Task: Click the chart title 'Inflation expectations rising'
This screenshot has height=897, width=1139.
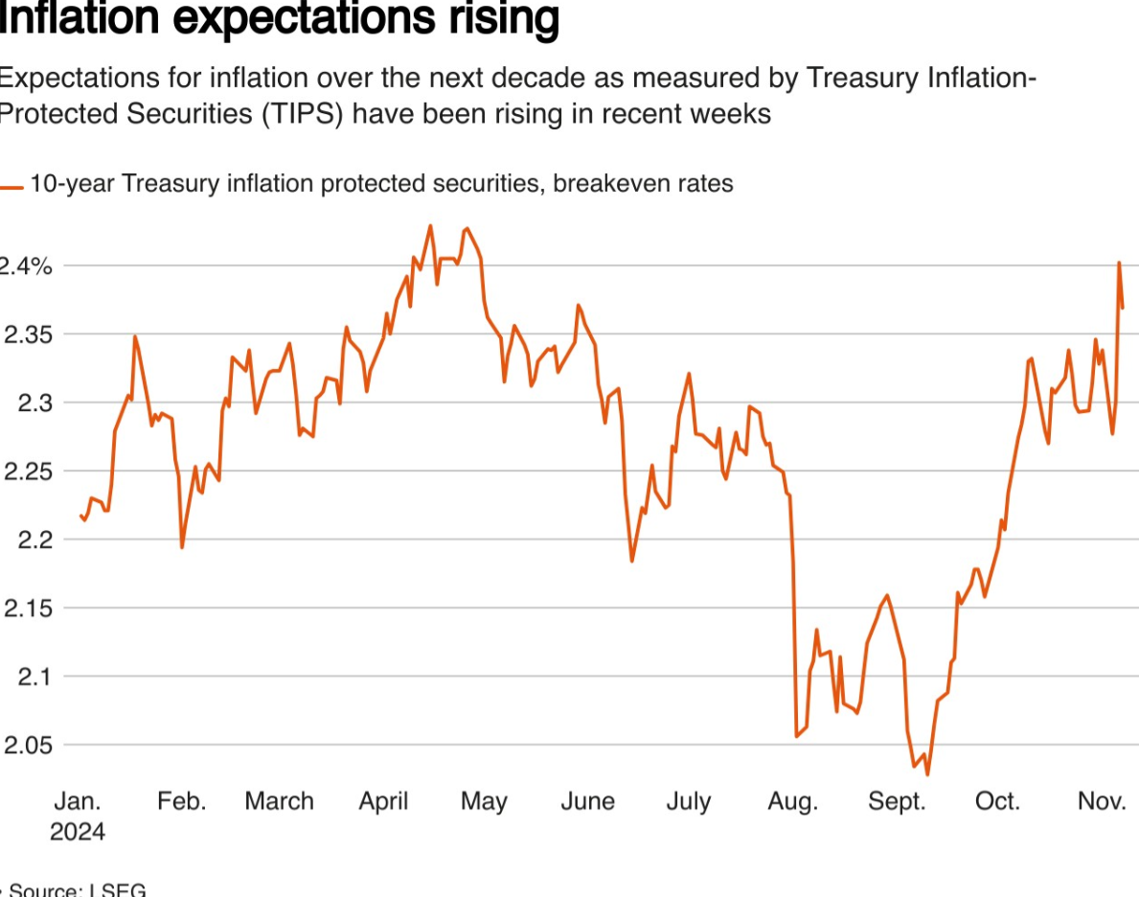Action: click(x=278, y=19)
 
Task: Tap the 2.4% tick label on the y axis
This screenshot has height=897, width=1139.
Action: click(x=26, y=266)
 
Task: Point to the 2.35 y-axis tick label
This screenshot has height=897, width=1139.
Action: click(x=28, y=334)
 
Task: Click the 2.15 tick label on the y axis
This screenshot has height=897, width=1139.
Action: click(x=28, y=609)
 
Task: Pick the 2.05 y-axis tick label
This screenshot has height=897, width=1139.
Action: click(x=28, y=746)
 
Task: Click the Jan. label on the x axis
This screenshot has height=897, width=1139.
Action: click(x=77, y=801)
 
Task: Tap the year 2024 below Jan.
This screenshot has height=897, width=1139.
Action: click(x=78, y=831)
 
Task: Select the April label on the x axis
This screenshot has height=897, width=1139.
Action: click(x=383, y=801)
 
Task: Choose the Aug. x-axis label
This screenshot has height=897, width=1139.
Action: click(x=792, y=801)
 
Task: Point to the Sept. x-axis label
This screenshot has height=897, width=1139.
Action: click(x=897, y=801)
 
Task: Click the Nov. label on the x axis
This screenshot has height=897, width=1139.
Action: click(x=1102, y=801)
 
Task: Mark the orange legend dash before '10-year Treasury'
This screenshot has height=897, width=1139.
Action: click(x=12, y=188)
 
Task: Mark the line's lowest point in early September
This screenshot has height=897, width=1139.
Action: click(x=927, y=774)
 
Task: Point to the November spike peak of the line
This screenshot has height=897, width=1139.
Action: click(x=1119, y=263)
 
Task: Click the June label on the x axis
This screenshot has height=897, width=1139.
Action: click(x=587, y=801)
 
